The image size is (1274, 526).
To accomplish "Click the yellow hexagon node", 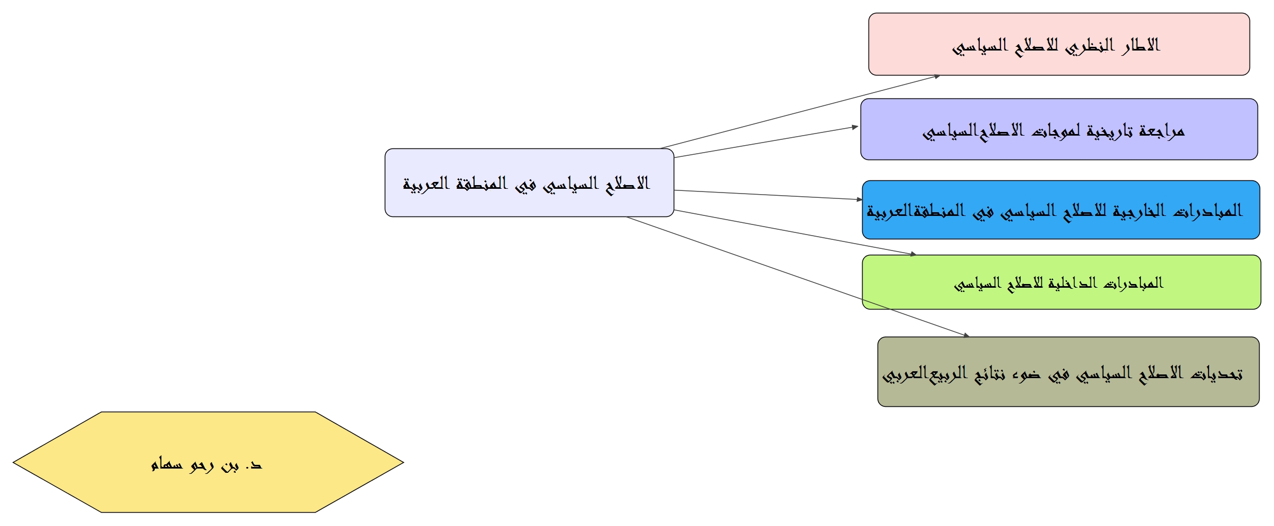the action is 208,462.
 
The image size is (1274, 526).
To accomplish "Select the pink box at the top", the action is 1059,44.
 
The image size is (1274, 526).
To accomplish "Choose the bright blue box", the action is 1061,210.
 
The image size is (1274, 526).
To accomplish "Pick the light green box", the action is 1061,282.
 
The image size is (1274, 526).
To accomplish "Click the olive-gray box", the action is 1068,372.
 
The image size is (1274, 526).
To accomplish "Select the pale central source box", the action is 530,182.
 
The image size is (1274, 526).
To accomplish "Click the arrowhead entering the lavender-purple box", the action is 855,127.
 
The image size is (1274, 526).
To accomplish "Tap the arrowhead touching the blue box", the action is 859,199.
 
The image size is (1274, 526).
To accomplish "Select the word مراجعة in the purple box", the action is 1162,131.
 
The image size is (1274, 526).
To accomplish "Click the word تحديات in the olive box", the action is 1217,373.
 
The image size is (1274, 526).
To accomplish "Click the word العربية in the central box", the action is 426,184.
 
